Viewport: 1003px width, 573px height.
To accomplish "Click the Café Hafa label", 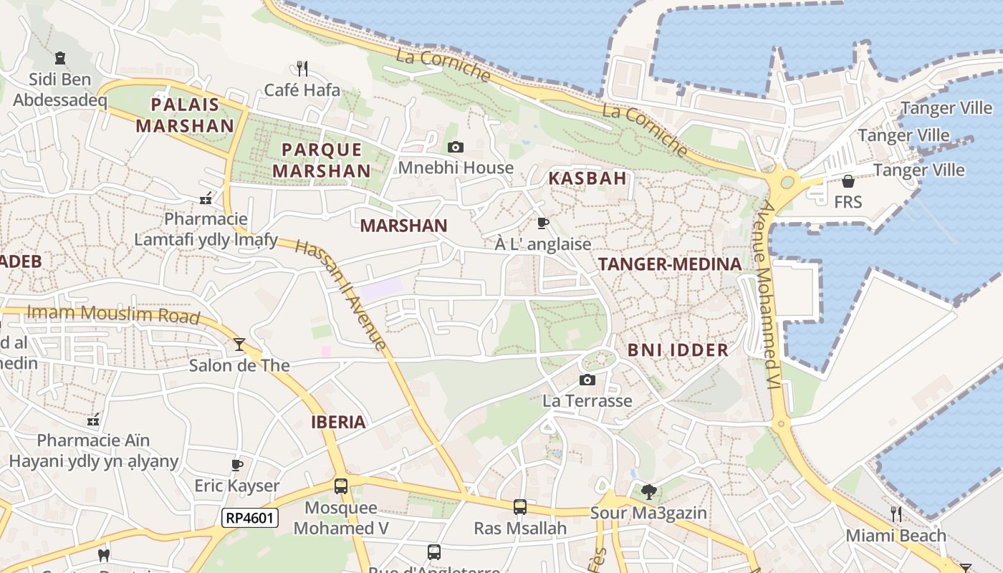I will click(x=302, y=90).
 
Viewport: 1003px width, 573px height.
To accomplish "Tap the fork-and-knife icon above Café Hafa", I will click(x=302, y=69).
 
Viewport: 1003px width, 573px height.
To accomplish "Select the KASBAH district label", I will click(x=587, y=178).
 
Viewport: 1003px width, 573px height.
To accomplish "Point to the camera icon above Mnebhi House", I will click(x=455, y=148).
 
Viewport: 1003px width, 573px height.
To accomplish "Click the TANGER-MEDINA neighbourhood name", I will click(x=670, y=264).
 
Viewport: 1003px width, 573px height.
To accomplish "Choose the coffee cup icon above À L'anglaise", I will click(x=543, y=223).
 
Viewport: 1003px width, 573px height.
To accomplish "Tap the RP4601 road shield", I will click(x=249, y=518).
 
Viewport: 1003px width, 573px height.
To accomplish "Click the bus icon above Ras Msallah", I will click(x=520, y=507).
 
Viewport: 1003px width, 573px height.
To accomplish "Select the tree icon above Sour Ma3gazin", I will click(x=648, y=491).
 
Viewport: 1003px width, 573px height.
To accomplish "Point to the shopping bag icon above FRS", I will click(x=848, y=181).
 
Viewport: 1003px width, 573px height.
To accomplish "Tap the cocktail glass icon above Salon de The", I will click(x=239, y=345).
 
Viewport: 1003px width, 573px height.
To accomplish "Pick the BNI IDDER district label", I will click(x=678, y=350).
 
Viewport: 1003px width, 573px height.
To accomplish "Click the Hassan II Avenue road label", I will click(x=341, y=294).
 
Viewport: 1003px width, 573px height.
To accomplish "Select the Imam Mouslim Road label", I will click(x=112, y=314).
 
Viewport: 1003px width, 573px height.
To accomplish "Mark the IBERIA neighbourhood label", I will click(x=338, y=422).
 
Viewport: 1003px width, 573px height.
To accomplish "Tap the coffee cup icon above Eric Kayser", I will click(x=237, y=465).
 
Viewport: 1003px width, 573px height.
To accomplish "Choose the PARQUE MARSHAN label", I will click(x=322, y=160).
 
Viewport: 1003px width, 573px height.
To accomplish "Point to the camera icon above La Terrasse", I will click(x=587, y=380).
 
